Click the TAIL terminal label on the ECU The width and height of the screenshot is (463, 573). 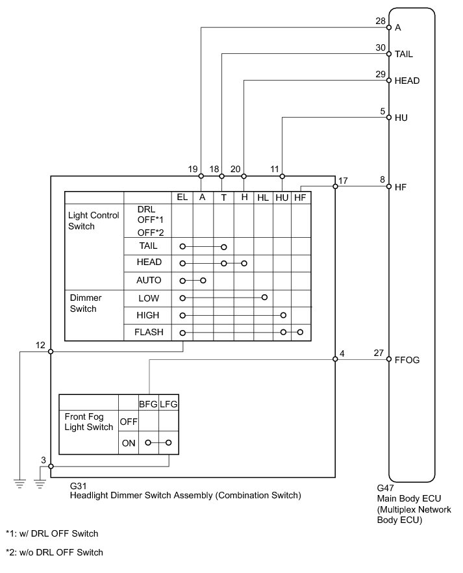pos(403,55)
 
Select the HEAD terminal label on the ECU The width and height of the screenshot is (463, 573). pos(407,81)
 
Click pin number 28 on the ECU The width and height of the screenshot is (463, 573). pos(381,21)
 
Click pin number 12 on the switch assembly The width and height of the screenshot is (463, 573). pos(41,345)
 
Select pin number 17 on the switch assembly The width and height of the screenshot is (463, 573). pos(343,181)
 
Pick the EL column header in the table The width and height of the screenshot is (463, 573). pos(182,197)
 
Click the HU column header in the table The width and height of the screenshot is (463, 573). pos(282,197)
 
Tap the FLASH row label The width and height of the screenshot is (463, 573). pos(149,332)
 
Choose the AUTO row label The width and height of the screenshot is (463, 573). pos(149,281)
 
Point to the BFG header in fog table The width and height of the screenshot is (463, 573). pos(149,403)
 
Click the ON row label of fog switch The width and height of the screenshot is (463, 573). pos(129,443)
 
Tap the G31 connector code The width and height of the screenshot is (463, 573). pos(78,485)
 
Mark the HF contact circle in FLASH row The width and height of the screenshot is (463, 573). pos(300,332)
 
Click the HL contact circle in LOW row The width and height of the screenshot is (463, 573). pos(264,297)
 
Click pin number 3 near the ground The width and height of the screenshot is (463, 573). pos(44,460)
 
